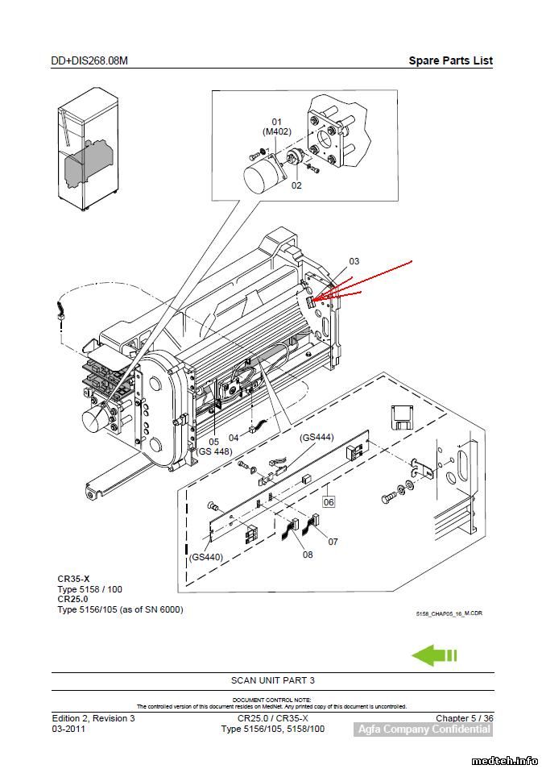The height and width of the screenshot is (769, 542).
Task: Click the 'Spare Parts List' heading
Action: point(450,60)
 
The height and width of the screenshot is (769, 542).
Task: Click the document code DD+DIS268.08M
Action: point(89,61)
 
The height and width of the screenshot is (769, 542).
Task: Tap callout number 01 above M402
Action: point(276,122)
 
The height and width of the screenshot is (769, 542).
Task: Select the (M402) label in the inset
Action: point(276,131)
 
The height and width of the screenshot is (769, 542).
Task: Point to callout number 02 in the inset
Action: point(296,185)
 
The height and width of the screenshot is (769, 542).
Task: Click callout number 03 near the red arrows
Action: point(354,261)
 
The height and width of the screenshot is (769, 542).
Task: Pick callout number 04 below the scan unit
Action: point(234,438)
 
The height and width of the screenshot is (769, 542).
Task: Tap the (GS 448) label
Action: point(214,451)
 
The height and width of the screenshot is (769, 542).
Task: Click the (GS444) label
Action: point(317,438)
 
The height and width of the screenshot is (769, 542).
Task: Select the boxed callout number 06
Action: point(329,501)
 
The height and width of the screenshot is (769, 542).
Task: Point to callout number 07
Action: point(333,542)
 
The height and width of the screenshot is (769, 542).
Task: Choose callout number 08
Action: point(308,555)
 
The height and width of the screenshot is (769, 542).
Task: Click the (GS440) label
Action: point(206,557)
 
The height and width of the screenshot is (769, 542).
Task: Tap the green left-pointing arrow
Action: point(434,655)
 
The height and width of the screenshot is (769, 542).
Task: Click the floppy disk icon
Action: point(401,418)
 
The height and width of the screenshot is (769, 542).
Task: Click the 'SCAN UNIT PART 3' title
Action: point(272,680)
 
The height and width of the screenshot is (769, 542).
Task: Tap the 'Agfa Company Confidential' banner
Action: point(423,730)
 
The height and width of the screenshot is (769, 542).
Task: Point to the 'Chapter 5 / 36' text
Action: point(465,718)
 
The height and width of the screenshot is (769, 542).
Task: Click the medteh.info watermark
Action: point(504,759)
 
